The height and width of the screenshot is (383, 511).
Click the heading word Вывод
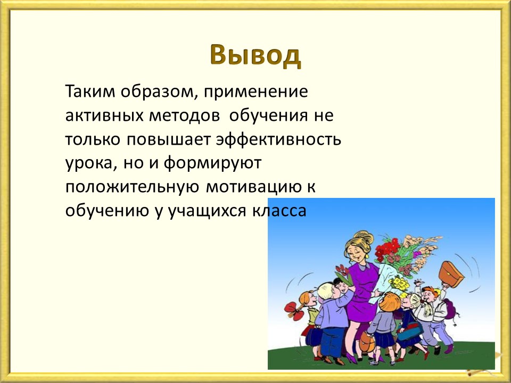[x=255, y=55]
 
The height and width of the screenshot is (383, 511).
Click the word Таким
[x=90, y=91]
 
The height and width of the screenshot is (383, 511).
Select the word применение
[x=256, y=93]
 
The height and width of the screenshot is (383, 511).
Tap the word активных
[x=104, y=115]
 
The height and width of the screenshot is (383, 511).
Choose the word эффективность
[x=278, y=140]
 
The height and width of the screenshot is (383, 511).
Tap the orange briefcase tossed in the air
[x=451, y=274]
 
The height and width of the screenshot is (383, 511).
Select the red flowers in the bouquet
[x=387, y=248]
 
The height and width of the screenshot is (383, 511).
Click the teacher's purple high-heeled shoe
[x=351, y=358]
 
